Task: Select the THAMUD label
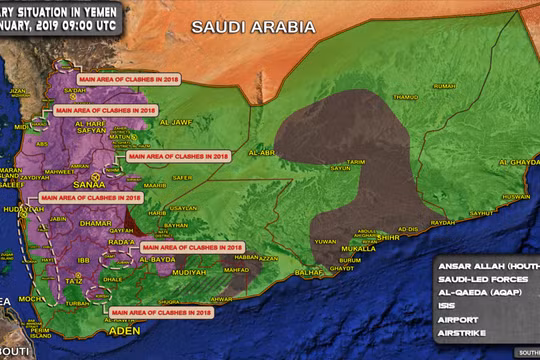pos(406,97)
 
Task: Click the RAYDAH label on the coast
pos(442,222)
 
